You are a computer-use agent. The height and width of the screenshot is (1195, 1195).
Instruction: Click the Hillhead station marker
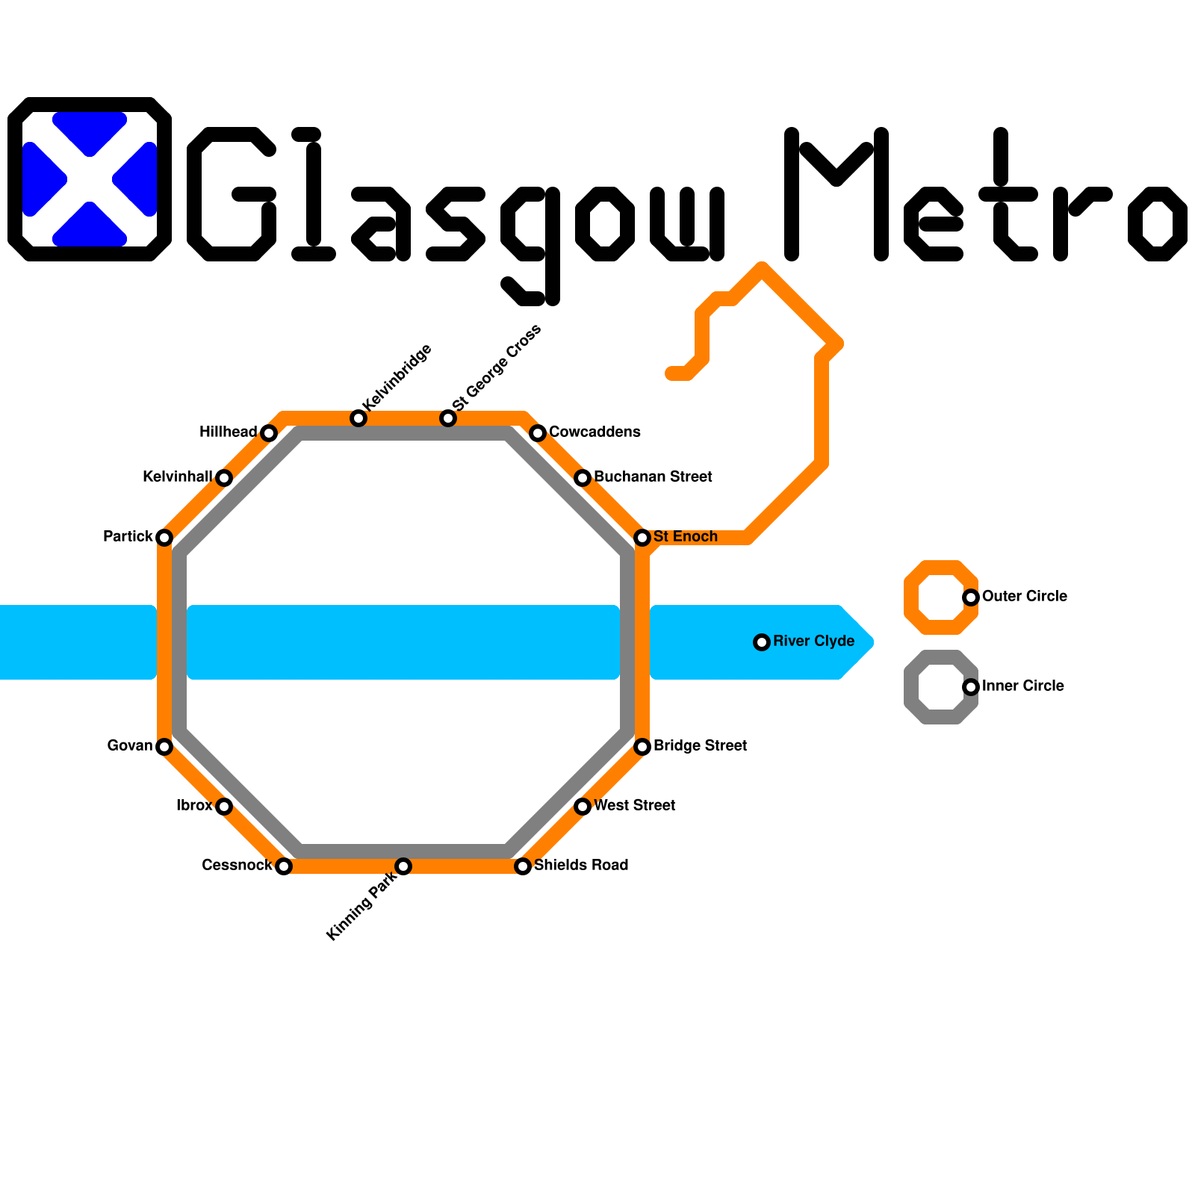click(x=269, y=433)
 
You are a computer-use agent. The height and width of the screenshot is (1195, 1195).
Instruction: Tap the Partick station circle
click(x=164, y=538)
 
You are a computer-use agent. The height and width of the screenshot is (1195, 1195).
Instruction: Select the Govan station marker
click(x=164, y=747)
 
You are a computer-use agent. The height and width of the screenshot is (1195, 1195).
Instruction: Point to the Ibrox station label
click(x=194, y=806)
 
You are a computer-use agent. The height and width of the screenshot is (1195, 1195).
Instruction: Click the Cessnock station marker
click(x=283, y=866)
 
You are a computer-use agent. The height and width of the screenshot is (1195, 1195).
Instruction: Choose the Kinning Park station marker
click(x=403, y=866)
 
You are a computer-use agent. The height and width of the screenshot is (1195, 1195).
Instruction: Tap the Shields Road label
click(x=581, y=866)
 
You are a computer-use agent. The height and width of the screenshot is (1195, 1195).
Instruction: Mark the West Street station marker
click(x=583, y=807)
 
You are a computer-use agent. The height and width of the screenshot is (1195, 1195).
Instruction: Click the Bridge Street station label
click(x=700, y=746)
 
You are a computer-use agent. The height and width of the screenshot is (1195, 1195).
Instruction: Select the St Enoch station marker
click(x=642, y=538)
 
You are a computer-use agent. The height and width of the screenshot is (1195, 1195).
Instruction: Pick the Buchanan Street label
click(x=653, y=477)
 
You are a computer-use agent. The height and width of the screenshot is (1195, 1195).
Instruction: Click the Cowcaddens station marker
click(x=538, y=433)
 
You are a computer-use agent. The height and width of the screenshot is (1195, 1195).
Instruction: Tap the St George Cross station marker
click(x=448, y=418)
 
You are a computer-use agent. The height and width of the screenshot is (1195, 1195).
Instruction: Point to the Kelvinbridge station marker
click(x=358, y=418)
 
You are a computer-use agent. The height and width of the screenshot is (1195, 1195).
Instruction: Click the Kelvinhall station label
click(x=177, y=477)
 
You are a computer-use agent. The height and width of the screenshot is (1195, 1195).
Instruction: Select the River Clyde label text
click(x=813, y=642)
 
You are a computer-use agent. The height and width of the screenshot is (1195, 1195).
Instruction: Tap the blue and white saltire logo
click(x=90, y=179)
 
